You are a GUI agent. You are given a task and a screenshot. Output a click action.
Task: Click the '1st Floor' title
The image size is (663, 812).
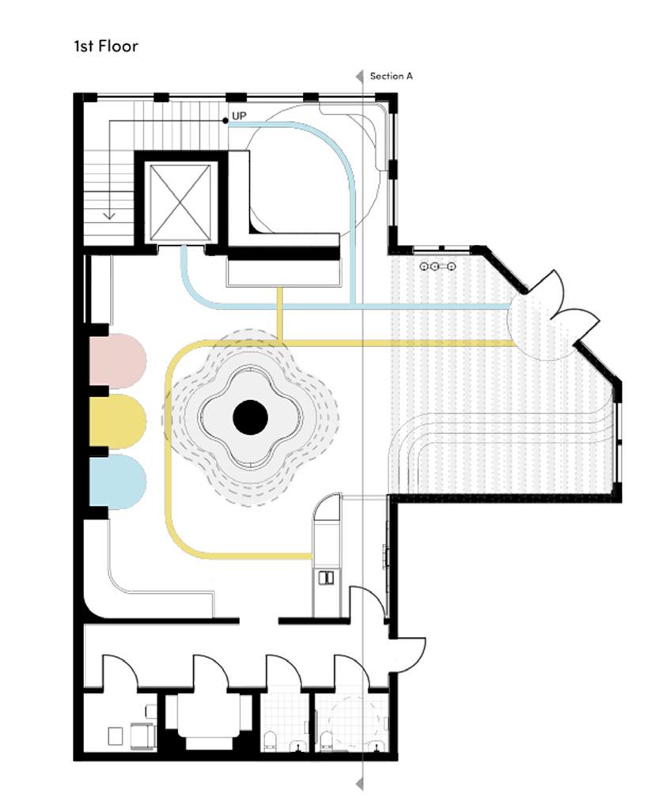[105, 46]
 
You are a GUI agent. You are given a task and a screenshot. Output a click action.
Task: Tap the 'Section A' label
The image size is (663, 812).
[392, 77]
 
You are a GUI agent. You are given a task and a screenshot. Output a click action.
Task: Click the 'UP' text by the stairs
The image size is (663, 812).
[239, 116]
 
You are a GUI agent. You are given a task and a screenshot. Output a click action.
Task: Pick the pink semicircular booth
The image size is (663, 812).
[117, 361]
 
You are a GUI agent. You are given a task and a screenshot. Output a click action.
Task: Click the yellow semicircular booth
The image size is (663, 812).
[117, 421]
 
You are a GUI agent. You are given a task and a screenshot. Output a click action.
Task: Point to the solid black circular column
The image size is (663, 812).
[250, 417]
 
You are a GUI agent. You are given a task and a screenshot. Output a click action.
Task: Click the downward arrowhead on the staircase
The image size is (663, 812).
[109, 214]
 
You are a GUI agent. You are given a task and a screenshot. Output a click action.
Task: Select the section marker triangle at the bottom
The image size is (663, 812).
[360, 783]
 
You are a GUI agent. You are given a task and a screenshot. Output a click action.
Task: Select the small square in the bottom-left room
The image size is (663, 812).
[115, 735]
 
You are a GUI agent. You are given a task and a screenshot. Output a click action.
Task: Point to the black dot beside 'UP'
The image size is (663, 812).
[225, 120]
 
